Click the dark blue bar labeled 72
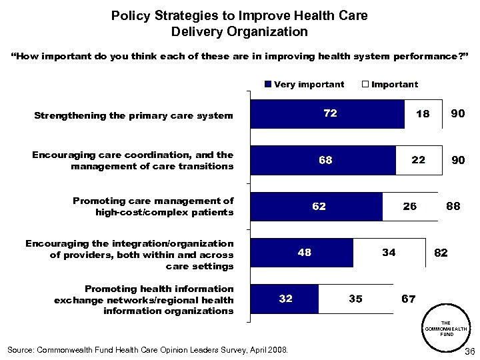tap(327, 114)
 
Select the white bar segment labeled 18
tap(423, 114)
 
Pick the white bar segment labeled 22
tap(419, 160)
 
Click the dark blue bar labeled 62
tap(316, 207)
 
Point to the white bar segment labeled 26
tap(411, 207)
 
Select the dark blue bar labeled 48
tap(301, 253)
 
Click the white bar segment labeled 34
tap(389, 253)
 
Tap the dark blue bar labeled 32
tap(285, 299)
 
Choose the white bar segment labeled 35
tap(356, 299)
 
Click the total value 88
tap(453, 207)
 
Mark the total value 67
tap(408, 299)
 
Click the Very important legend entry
tap(304, 84)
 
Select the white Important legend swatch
tap(365, 84)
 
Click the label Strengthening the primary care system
tap(133, 115)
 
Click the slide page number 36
tap(468, 351)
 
